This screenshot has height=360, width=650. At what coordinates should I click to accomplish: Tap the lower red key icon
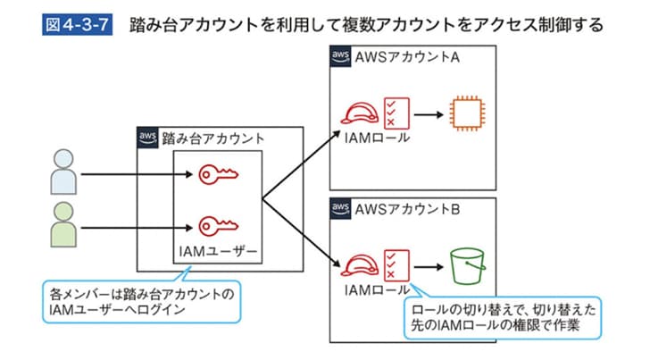[216, 225]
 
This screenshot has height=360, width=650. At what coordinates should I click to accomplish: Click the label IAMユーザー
[217, 254]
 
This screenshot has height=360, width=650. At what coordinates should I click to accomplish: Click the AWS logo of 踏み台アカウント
[147, 138]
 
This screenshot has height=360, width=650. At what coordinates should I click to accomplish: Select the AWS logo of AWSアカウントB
[340, 209]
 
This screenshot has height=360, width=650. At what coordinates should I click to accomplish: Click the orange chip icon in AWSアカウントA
[465, 114]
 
